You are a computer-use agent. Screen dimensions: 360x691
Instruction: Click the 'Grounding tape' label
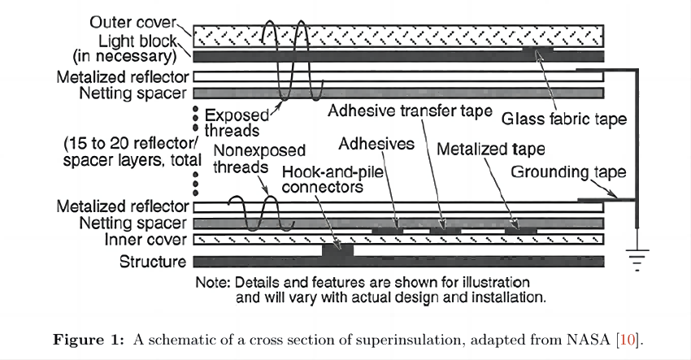(568, 172)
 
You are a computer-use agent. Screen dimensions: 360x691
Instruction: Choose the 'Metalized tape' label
(490, 150)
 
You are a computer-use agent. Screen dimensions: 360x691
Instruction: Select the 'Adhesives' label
(376, 144)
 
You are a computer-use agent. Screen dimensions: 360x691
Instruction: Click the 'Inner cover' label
(146, 240)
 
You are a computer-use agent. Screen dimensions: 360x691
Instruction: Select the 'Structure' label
(152, 262)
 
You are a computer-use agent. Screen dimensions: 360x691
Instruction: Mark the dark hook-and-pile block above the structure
(337, 249)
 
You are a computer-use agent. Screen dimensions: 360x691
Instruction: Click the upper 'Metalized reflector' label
(122, 77)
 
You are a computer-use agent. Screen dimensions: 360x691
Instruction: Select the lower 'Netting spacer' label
(133, 223)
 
